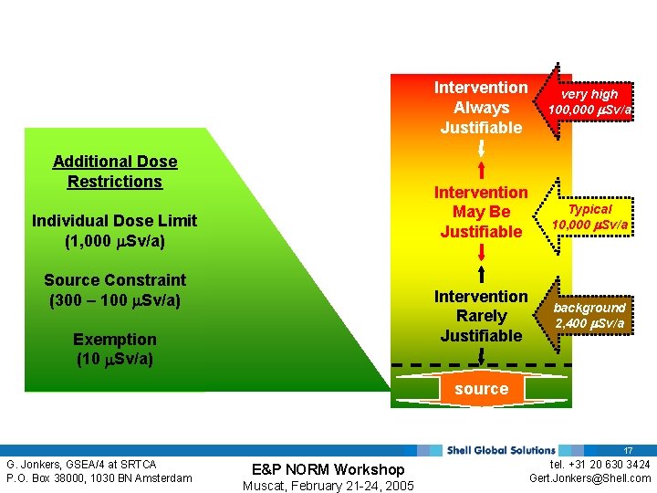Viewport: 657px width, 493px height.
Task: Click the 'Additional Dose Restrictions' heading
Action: (x=115, y=172)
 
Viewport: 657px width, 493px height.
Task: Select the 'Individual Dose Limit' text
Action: (x=114, y=221)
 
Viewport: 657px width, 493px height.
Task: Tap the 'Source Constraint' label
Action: (x=115, y=280)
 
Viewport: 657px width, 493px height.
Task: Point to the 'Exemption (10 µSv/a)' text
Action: (x=115, y=349)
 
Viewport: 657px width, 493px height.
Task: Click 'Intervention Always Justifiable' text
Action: (x=481, y=108)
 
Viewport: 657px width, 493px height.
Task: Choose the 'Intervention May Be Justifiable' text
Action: (x=481, y=212)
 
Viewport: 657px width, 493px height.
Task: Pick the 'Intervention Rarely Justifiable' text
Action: (x=481, y=316)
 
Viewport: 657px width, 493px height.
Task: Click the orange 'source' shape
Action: (x=481, y=389)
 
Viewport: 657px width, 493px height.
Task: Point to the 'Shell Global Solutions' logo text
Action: (x=501, y=450)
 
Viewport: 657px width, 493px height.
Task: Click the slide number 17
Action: (x=628, y=451)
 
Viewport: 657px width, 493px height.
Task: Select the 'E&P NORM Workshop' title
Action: (x=328, y=469)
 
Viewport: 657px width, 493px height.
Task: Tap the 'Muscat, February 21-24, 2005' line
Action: (x=328, y=486)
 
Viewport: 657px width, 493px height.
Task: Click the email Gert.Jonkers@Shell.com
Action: (x=590, y=478)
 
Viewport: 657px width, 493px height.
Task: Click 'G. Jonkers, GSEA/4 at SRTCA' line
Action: (x=82, y=465)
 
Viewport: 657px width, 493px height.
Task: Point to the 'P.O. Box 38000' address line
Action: (x=99, y=478)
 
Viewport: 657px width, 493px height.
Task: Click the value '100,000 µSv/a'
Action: (x=590, y=110)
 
